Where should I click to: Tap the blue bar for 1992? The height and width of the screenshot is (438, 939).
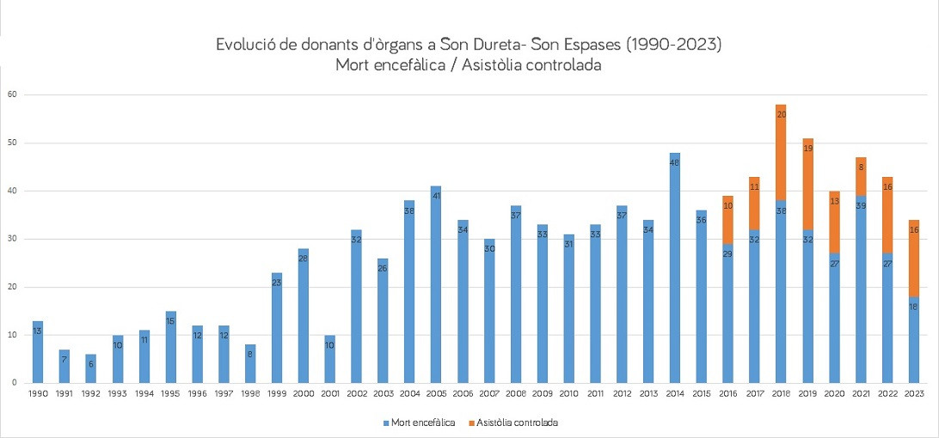90,368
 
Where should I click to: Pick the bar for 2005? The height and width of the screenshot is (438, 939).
436,284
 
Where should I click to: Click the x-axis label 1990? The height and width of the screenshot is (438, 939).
38,393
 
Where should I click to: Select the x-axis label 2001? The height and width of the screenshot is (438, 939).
330,393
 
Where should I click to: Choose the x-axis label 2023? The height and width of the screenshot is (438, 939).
914,393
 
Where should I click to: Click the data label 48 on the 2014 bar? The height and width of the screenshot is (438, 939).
675,158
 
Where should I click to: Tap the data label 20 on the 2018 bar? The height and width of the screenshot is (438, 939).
781,113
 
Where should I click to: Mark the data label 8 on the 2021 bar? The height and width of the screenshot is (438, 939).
861,167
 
